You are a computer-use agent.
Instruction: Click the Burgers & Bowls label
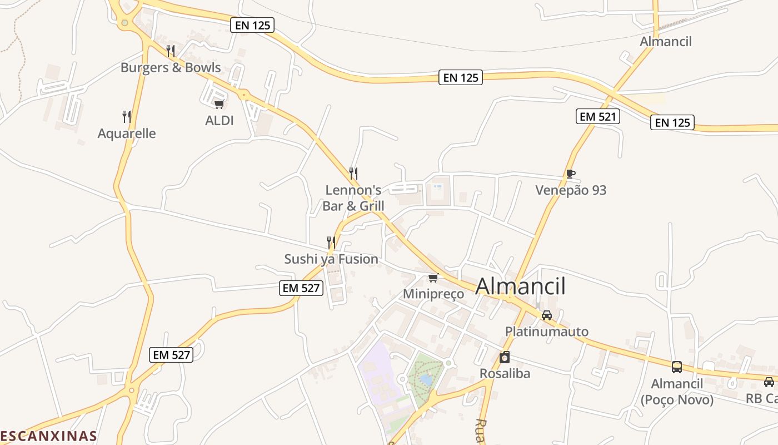171,68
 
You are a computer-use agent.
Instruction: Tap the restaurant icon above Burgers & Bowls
171,51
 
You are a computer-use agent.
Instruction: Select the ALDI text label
220,121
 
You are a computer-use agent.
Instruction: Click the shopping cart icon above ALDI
219,104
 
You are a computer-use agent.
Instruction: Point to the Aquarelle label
127,133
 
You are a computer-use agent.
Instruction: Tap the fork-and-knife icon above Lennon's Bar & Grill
353,174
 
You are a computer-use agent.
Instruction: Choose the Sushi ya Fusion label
331,259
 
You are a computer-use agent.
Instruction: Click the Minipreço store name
433,294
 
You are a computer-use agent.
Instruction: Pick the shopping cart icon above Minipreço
433,278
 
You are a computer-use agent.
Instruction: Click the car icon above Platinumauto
547,315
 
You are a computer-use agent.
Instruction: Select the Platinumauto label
546,332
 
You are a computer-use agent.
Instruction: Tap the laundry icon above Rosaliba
505,357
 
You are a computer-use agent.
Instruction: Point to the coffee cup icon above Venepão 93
571,174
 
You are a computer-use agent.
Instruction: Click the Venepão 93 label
571,190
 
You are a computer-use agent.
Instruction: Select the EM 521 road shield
597,117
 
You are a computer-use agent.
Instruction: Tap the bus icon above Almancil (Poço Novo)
677,367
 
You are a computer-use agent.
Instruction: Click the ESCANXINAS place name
48,436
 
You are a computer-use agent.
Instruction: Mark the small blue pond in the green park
426,379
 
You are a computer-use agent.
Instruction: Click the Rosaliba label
505,373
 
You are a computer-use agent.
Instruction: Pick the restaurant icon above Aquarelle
127,117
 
